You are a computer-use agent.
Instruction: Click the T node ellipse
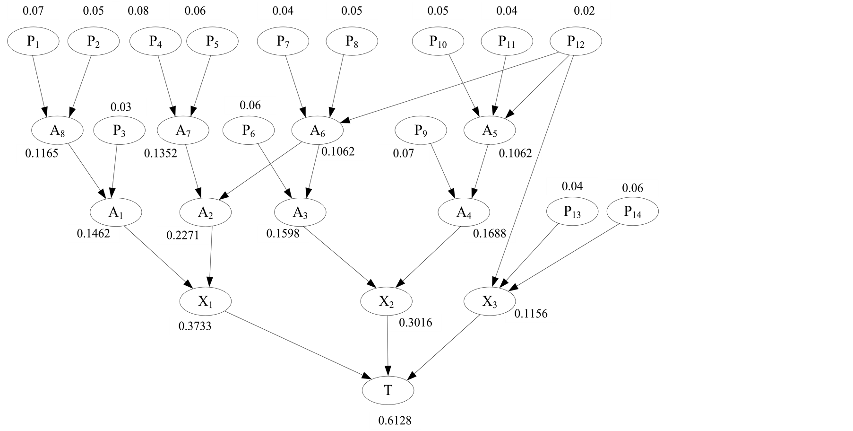click(388, 390)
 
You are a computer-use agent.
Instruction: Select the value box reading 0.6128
click(395, 420)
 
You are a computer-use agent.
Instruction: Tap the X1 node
click(205, 301)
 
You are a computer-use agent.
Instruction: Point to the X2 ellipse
click(386, 301)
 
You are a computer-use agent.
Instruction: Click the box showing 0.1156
click(531, 314)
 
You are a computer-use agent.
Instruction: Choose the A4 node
click(464, 212)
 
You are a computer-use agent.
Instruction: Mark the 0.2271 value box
click(183, 235)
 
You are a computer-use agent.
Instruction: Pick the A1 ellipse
click(116, 212)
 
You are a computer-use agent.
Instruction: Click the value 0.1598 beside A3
click(283, 233)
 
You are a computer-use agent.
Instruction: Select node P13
click(572, 211)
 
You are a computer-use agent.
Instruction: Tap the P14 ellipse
click(632, 211)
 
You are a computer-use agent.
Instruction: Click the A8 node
click(57, 130)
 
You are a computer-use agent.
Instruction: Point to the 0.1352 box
click(161, 153)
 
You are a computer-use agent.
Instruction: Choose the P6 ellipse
click(249, 130)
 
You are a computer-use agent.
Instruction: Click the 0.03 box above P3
click(121, 107)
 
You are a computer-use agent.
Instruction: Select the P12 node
click(576, 42)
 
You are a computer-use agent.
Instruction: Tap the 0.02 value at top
click(584, 11)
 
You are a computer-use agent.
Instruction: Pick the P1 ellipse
click(33, 42)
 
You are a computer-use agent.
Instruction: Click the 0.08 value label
click(138, 11)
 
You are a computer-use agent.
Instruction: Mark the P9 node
click(421, 130)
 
